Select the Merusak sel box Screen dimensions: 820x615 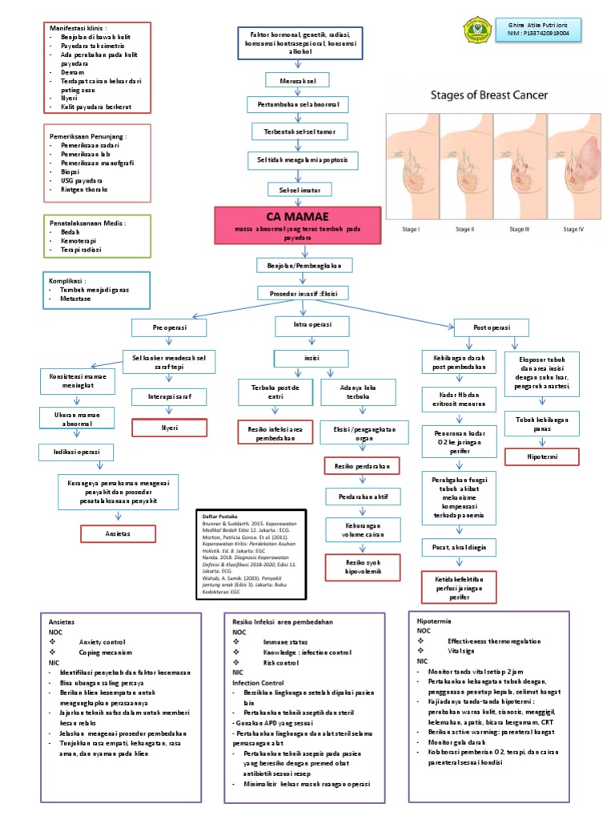click(297, 79)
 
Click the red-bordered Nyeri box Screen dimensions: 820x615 click(170, 428)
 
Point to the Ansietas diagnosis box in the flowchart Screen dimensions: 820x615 click(118, 533)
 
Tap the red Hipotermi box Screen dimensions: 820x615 click(542, 456)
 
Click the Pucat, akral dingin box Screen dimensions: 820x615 click(459, 547)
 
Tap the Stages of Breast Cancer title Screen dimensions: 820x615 click(489, 94)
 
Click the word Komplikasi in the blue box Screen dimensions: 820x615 click(71, 279)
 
